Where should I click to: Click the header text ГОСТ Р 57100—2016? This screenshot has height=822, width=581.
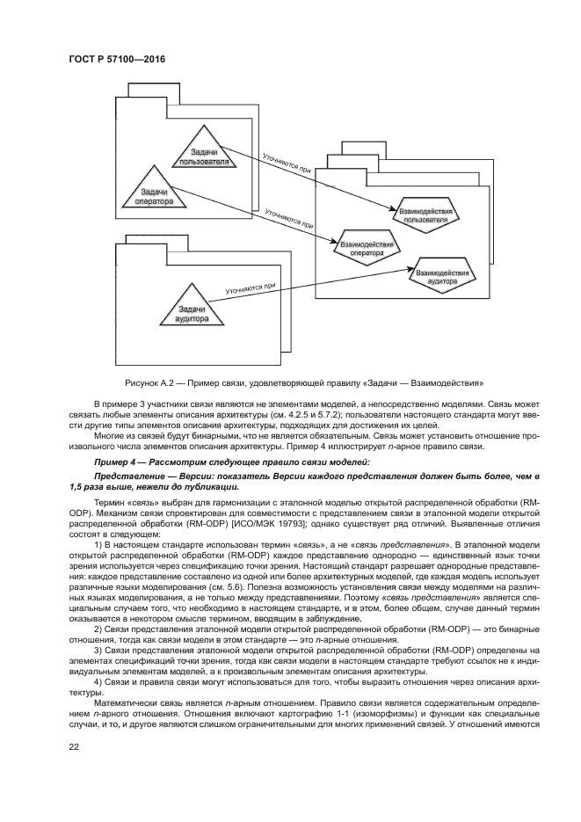117,60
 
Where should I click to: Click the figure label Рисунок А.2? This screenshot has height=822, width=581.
149,382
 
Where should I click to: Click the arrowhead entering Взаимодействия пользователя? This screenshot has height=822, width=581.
391,208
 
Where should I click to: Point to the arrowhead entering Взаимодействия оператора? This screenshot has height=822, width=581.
333,241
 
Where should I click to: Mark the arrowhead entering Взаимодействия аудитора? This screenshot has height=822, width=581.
410,269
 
